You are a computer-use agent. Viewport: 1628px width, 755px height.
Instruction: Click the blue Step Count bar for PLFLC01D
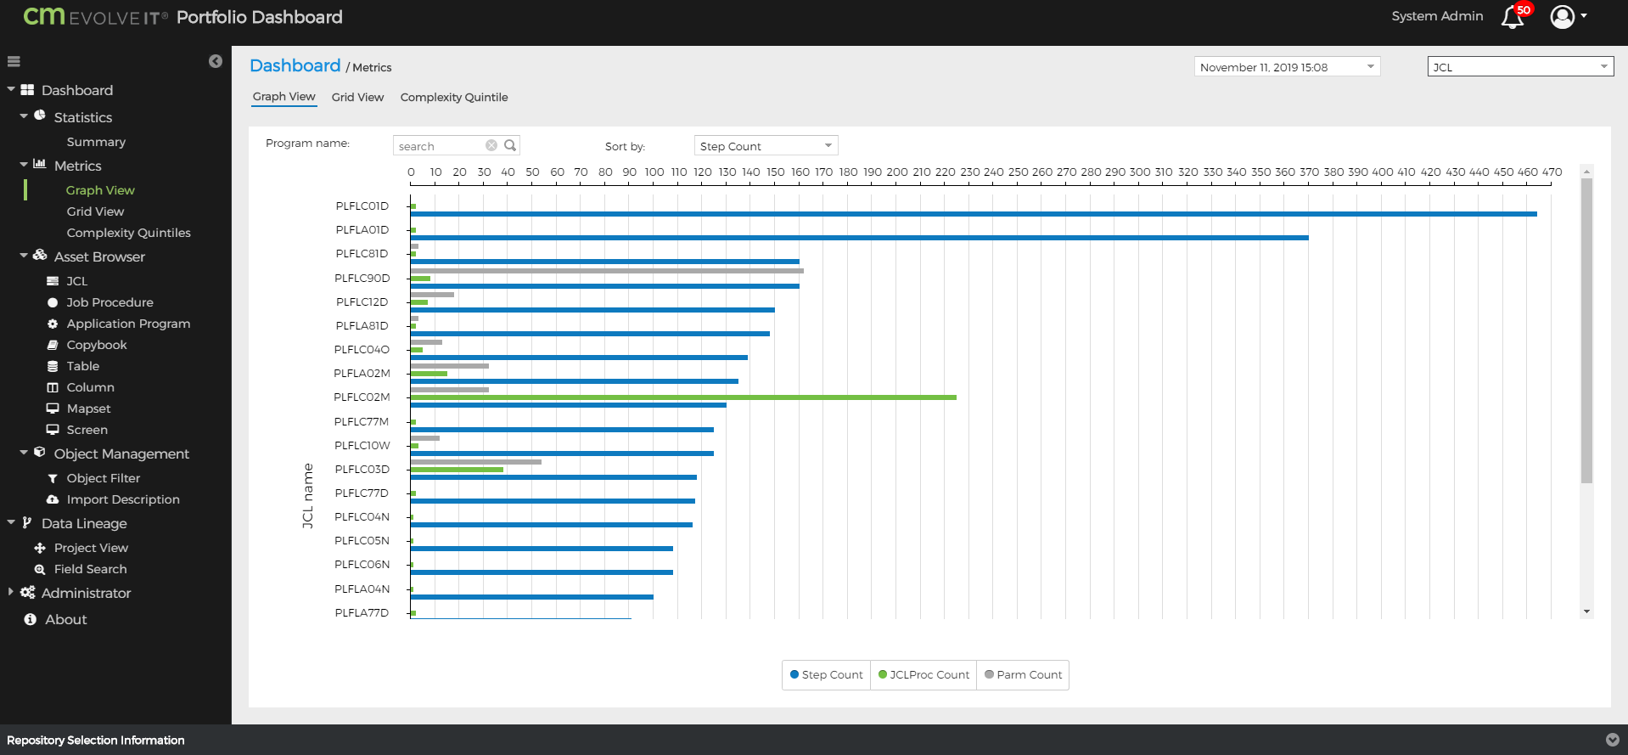[973, 214]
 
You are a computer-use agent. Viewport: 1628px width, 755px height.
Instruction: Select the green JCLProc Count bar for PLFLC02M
[682, 397]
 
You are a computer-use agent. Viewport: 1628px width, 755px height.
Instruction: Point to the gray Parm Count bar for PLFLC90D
[606, 271]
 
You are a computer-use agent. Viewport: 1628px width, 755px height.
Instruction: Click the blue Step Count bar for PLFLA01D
[859, 238]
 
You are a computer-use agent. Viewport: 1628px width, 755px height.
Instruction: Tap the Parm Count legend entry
[1023, 675]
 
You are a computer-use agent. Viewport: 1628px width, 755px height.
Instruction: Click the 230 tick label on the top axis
[969, 172]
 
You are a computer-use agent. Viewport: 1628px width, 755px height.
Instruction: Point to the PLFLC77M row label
[362, 422]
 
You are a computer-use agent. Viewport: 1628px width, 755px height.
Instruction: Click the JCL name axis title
[308, 496]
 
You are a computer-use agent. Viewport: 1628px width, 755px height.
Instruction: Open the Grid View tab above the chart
[357, 98]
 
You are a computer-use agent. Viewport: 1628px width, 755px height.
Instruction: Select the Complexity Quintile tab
[454, 98]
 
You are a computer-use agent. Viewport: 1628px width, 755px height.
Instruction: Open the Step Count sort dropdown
[766, 146]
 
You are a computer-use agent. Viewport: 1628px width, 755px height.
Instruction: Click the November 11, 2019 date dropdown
[1286, 67]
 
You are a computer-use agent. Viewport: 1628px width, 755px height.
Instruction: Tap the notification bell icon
[1513, 17]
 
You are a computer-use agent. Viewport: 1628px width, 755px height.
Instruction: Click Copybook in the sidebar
[97, 345]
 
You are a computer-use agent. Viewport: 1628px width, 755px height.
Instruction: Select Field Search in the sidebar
[90, 569]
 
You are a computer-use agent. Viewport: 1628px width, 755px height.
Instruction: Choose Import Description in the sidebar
[123, 499]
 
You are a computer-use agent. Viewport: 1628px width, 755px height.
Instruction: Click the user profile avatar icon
[1562, 17]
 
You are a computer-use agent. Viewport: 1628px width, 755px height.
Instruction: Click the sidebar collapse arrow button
[216, 61]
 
